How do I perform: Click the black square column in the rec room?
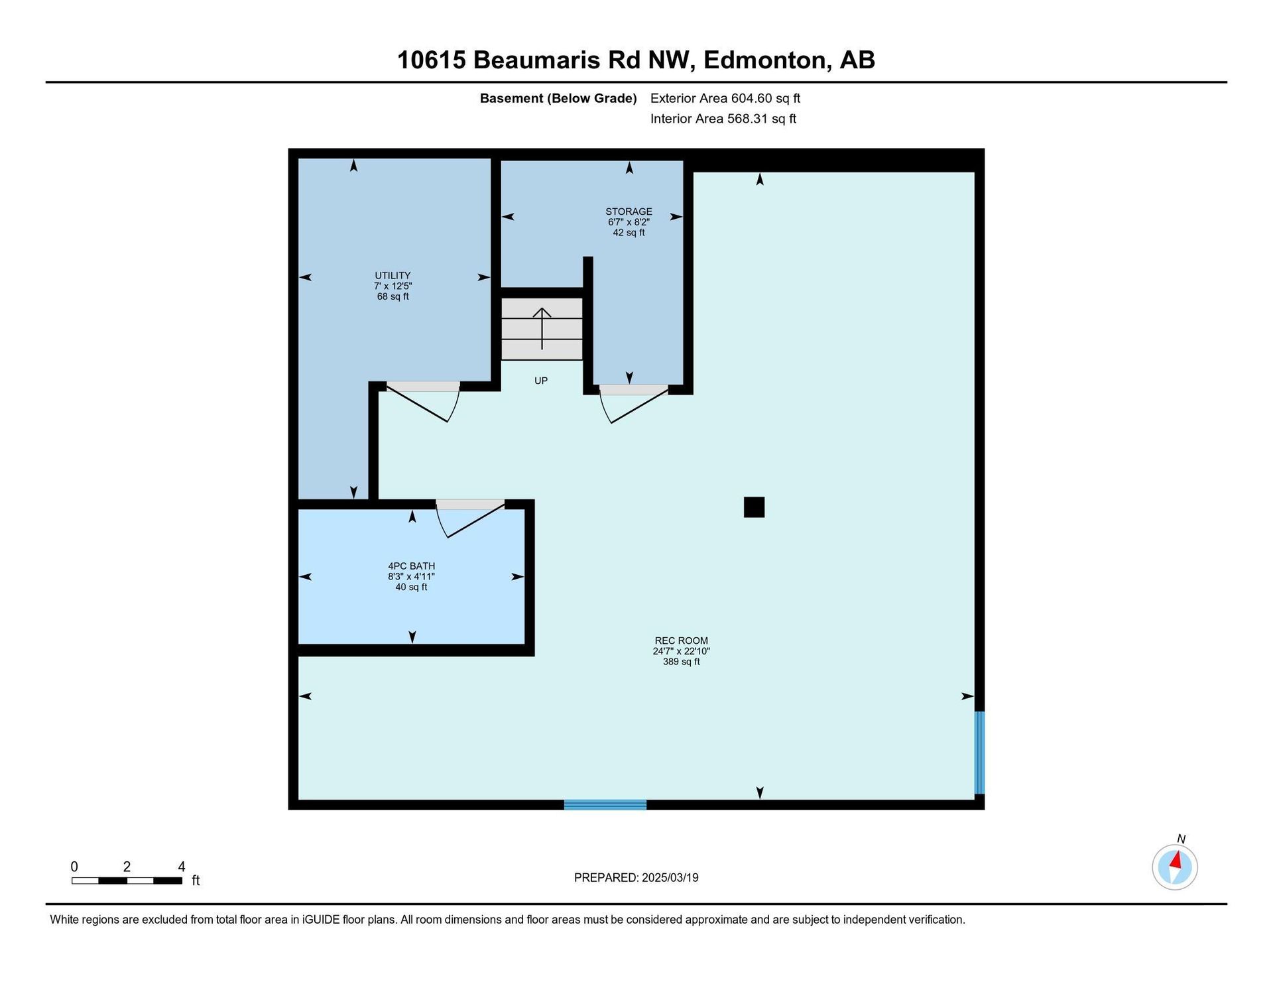click(x=754, y=507)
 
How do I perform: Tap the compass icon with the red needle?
click(x=1175, y=867)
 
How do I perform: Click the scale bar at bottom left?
click(x=127, y=881)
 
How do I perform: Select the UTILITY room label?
click(x=393, y=276)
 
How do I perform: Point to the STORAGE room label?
click(x=629, y=212)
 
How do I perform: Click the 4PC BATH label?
click(x=412, y=566)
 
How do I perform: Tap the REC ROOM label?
click(x=682, y=641)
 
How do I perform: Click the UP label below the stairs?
click(x=541, y=381)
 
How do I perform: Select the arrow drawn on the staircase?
click(x=542, y=328)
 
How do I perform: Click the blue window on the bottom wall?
click(x=605, y=805)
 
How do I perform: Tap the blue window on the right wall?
click(x=979, y=753)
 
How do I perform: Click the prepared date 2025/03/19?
click(x=670, y=878)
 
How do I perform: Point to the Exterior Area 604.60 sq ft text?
click(x=725, y=98)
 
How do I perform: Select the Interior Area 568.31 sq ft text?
click(x=723, y=119)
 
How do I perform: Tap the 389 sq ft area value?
click(x=682, y=662)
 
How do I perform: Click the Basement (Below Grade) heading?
click(x=558, y=99)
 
